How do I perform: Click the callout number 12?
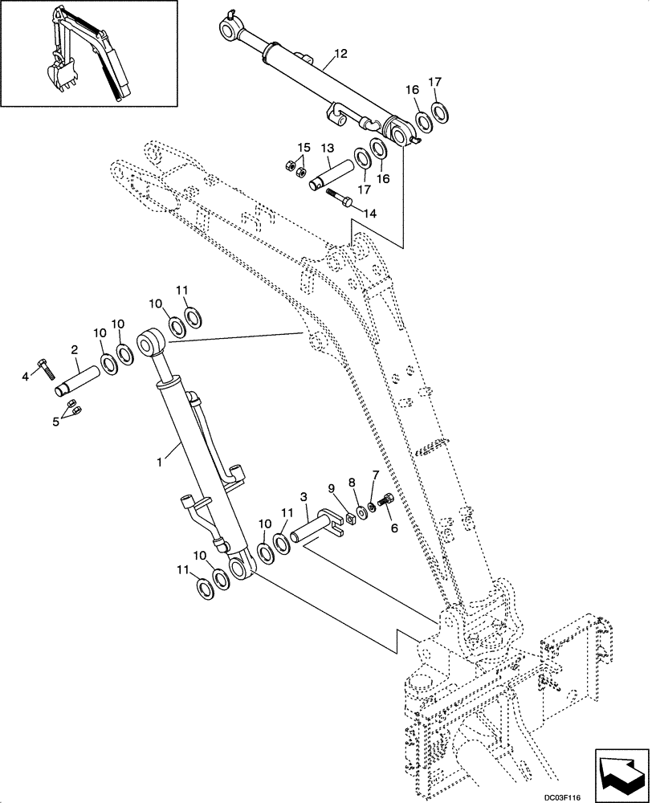click(x=340, y=54)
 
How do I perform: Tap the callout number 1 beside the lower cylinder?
click(x=161, y=463)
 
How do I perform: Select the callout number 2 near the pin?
click(x=74, y=350)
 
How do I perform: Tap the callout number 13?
click(x=327, y=149)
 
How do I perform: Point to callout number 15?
click(x=304, y=148)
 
